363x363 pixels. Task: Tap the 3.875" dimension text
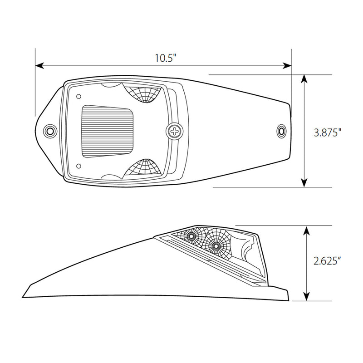327,132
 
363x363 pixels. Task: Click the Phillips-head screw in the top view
174,131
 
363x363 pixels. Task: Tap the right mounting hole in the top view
281,132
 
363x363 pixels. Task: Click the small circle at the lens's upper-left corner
79,96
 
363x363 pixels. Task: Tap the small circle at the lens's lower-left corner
79,166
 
